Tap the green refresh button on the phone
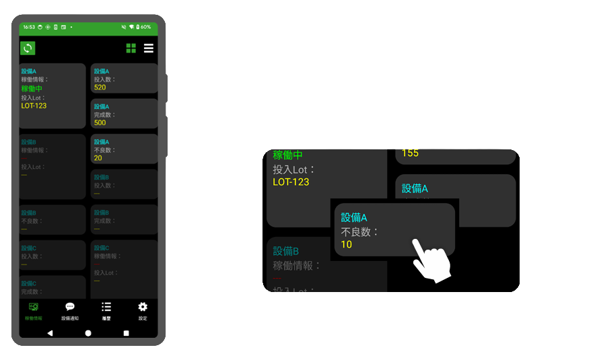click(x=27, y=48)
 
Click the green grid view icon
click(x=131, y=48)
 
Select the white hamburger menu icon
click(x=148, y=48)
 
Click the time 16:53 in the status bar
click(x=29, y=27)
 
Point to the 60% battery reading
click(x=145, y=27)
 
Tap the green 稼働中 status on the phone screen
click(x=32, y=88)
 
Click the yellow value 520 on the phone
click(x=100, y=87)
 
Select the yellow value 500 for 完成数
click(x=100, y=122)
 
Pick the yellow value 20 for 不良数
click(x=98, y=158)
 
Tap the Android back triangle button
click(x=50, y=333)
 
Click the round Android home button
click(x=88, y=333)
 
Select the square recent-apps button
click(x=126, y=333)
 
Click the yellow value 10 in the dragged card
click(x=347, y=244)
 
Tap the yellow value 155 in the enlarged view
click(x=410, y=153)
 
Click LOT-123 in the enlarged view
click(x=291, y=182)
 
